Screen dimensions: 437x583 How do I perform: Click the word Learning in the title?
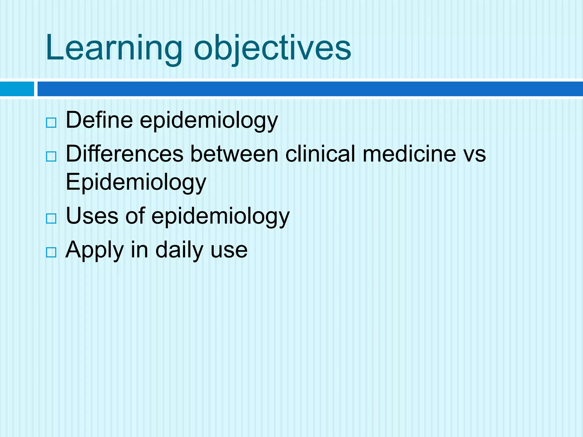tap(114, 48)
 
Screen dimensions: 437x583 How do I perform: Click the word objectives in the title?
tap(272, 48)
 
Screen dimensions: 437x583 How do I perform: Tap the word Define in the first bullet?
tap(99, 120)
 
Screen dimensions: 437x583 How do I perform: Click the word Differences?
tap(124, 154)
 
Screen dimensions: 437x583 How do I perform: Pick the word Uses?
tap(92, 216)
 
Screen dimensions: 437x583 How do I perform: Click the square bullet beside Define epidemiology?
tap(51, 123)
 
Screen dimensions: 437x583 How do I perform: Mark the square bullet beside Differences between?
tap(51, 156)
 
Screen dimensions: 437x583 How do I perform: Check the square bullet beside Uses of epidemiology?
tap(51, 218)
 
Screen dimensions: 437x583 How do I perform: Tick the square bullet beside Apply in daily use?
tap(51, 252)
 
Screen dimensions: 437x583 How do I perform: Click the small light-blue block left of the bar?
tap(17, 89)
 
